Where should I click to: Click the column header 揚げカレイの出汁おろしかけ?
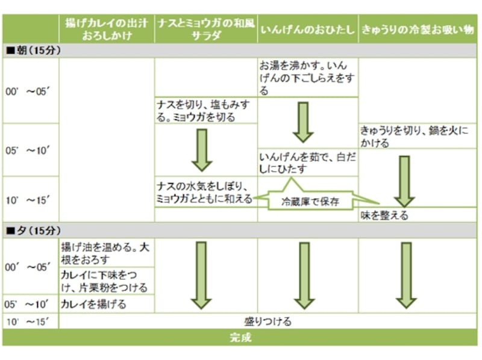(x=107, y=28)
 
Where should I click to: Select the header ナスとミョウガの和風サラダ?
(x=205, y=28)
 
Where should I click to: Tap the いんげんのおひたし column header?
(x=307, y=29)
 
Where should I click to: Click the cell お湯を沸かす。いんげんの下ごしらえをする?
(x=307, y=78)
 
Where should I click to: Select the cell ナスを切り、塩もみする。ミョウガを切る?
(x=205, y=110)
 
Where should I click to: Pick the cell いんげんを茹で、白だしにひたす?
(x=307, y=163)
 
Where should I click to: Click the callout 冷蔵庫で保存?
(x=311, y=202)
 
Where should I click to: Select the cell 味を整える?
(x=386, y=215)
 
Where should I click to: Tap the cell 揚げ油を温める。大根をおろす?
(x=106, y=253)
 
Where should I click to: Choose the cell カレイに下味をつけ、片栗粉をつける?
(x=106, y=281)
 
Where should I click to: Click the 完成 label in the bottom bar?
(x=241, y=338)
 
